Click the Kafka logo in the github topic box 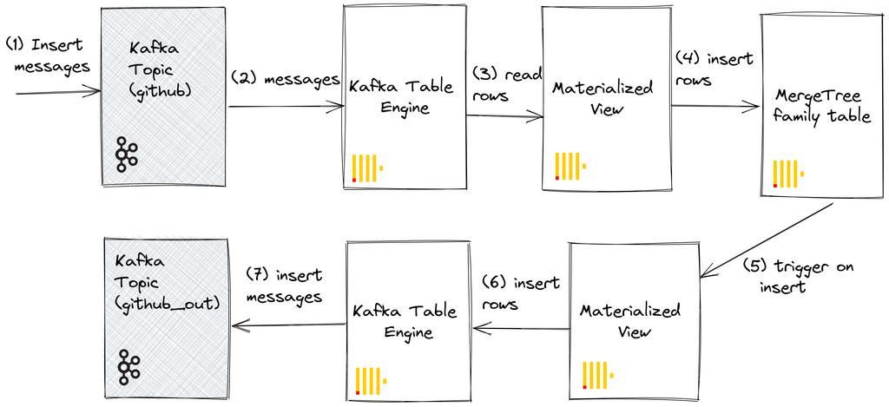point(127,154)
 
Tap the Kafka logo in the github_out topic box point(129,368)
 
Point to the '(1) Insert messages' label point(47,55)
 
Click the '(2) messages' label point(285,80)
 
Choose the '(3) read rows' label point(507,85)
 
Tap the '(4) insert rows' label point(714,69)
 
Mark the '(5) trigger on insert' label point(798,276)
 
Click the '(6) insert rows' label point(520,292)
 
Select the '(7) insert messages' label point(283,286)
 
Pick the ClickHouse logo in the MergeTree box point(787,174)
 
